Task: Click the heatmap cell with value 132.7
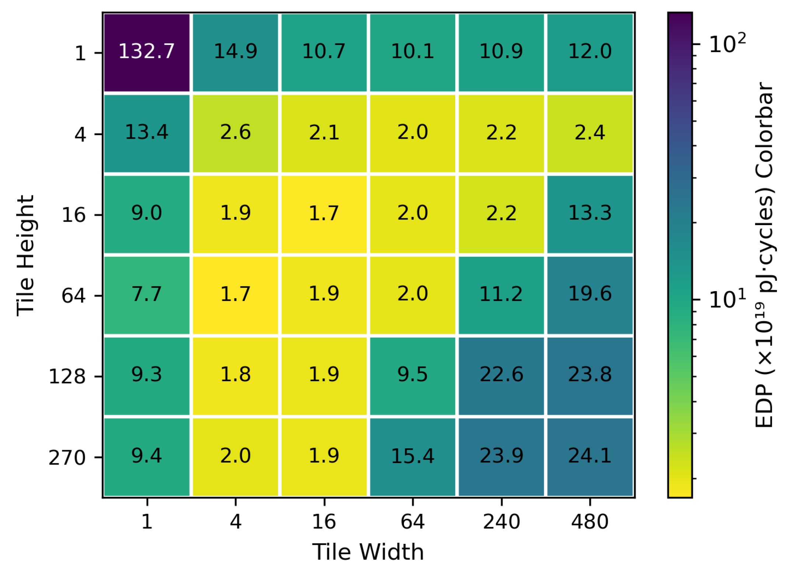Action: (x=147, y=52)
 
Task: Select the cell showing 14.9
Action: (x=236, y=52)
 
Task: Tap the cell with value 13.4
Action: (x=147, y=133)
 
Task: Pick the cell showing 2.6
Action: (x=236, y=133)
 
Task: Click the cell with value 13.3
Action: (x=590, y=214)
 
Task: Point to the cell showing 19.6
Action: (x=590, y=295)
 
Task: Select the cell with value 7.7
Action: (x=147, y=295)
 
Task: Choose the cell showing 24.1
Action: (x=590, y=456)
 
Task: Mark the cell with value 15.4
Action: (x=412, y=456)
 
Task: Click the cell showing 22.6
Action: (x=501, y=376)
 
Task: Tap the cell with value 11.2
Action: (x=501, y=295)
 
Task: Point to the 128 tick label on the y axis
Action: (x=67, y=377)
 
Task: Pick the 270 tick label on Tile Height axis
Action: (x=67, y=458)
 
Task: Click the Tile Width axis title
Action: (x=368, y=552)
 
